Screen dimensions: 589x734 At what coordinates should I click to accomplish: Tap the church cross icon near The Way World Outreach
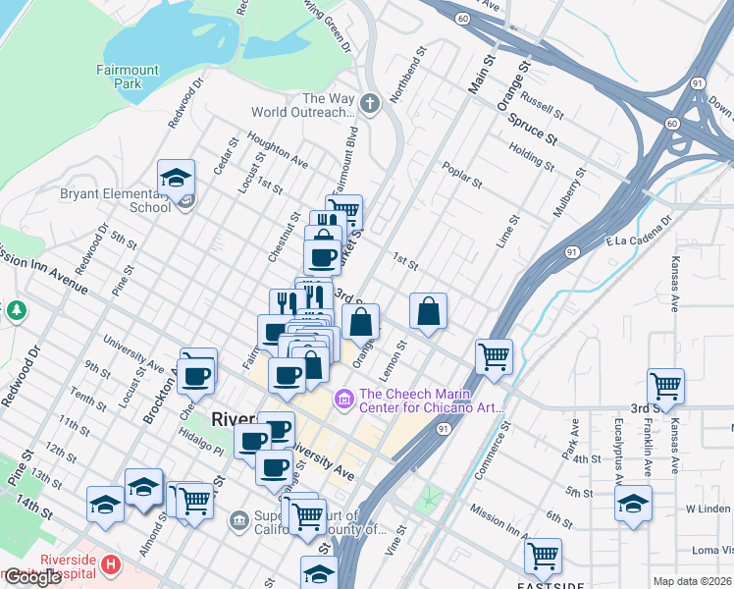(x=370, y=103)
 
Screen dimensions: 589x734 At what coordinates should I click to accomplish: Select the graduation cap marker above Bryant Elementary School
(x=176, y=178)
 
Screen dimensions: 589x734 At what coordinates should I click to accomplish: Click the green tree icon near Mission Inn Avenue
(x=16, y=311)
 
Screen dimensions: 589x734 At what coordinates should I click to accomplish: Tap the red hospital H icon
(x=111, y=564)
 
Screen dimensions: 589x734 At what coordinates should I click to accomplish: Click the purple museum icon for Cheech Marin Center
(x=343, y=399)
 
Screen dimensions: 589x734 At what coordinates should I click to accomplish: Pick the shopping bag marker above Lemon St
(x=428, y=312)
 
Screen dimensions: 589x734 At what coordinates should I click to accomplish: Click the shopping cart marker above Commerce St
(x=494, y=357)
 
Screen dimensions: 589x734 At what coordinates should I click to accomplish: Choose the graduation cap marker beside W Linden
(x=634, y=504)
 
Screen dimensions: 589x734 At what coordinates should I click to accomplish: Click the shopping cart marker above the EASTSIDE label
(x=543, y=556)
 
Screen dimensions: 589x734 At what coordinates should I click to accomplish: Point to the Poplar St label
(x=462, y=175)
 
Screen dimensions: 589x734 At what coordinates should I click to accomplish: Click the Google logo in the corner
(x=32, y=577)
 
